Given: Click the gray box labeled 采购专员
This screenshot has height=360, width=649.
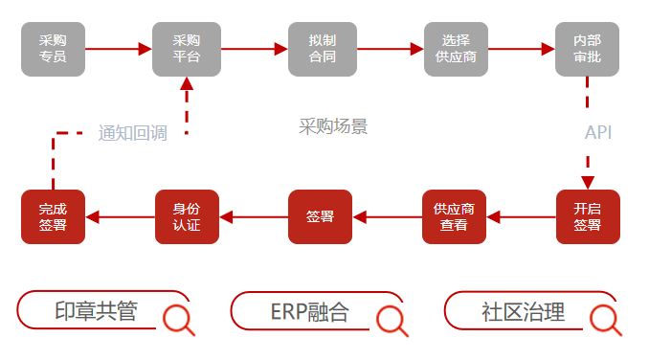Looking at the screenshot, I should (x=53, y=49).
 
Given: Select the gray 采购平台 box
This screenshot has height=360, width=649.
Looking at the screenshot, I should (x=186, y=49).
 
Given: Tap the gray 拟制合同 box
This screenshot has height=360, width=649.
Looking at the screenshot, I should (x=322, y=49).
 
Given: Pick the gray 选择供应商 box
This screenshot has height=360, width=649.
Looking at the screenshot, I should (x=456, y=49).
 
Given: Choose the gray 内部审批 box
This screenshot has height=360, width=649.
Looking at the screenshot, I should (x=588, y=49).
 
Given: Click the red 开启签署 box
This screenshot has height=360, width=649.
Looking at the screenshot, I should (x=588, y=216).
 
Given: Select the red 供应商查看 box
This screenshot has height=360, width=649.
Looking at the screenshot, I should (x=455, y=216).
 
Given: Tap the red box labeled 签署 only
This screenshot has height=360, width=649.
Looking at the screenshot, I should (x=321, y=216).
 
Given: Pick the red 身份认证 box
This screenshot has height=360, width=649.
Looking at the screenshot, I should (x=187, y=216).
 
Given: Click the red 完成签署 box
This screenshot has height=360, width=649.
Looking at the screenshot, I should (x=53, y=216).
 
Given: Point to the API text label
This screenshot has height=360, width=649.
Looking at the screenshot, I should (x=598, y=132).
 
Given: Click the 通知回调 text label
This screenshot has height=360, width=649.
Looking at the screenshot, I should (x=132, y=133).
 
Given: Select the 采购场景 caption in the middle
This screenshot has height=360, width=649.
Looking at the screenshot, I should (x=333, y=126).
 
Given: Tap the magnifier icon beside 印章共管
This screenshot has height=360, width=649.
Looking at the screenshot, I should (x=178, y=320).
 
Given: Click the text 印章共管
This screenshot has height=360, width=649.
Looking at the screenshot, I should (x=96, y=312).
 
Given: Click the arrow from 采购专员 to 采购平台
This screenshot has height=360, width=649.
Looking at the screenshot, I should (x=118, y=48).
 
